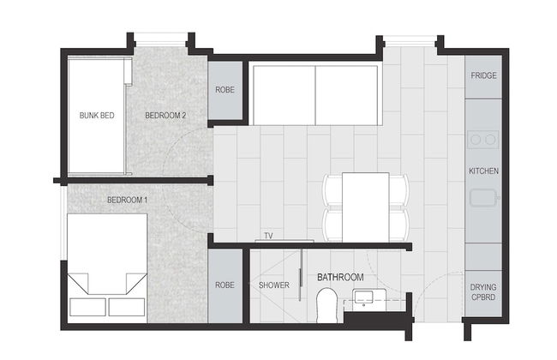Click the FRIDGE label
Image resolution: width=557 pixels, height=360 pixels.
[483, 75]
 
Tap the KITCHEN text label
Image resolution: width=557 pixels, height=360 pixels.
[483, 171]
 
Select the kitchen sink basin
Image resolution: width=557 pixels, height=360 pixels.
[483, 198]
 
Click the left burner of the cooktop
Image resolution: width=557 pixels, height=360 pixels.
[476, 140]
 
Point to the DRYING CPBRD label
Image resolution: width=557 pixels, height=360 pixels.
[483, 291]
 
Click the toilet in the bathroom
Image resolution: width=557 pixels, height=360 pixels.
[326, 305]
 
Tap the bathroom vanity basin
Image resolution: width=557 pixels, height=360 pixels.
[363, 297]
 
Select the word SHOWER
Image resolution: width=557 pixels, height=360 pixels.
[274, 285]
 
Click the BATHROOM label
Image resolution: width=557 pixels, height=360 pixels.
[340, 277]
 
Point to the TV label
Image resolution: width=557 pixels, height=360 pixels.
[268, 236]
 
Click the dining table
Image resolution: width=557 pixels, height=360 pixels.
[366, 207]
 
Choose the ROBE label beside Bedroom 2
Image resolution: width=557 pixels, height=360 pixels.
[225, 89]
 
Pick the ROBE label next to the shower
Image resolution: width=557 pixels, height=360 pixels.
[225, 285]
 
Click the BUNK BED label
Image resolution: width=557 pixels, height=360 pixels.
[97, 116]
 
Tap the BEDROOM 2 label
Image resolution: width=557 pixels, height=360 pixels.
[165, 116]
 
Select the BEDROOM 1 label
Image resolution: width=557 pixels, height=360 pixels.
[127, 200]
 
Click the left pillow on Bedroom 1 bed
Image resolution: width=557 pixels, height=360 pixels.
[87, 307]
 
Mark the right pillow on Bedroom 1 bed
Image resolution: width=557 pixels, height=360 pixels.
[127, 307]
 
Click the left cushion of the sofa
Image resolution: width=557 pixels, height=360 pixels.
[284, 95]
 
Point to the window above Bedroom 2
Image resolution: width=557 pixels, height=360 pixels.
[161, 39]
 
